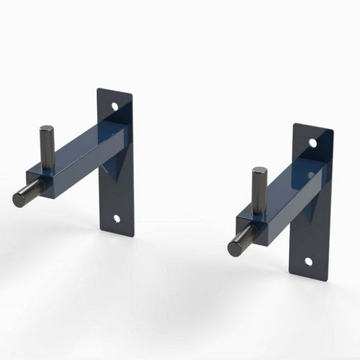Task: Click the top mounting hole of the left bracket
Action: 115,106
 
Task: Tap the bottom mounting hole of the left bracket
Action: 116,218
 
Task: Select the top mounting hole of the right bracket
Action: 313,143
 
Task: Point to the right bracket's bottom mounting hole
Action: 308,261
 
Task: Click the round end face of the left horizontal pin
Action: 19,199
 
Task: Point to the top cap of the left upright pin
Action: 47,129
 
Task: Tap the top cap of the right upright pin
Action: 259,171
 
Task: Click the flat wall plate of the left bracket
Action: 118,196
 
